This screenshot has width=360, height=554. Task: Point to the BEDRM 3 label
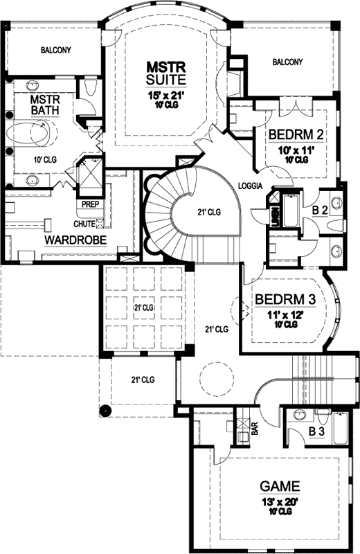[x=285, y=299]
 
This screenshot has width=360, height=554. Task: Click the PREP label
[x=90, y=204]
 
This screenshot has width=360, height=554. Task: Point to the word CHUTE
[x=84, y=224]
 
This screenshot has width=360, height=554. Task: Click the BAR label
[x=254, y=430]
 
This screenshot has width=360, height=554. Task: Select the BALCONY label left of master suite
[x=55, y=50]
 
